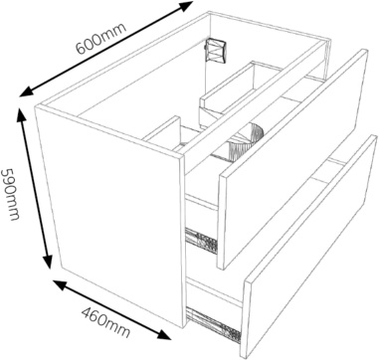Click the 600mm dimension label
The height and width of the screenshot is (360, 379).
[x=101, y=38]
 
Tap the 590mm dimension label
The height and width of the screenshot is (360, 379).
[x=10, y=194]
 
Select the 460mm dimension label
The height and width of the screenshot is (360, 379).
[x=105, y=322]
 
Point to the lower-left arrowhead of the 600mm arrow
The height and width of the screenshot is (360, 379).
[x=27, y=92]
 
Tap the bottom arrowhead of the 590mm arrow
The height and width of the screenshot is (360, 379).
[x=48, y=261]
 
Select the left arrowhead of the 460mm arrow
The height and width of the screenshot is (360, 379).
[x=61, y=284]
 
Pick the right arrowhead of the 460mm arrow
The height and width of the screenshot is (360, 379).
[x=163, y=334]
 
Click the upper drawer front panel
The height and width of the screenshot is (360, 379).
[x=293, y=159]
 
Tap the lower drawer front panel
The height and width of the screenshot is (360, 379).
[x=310, y=247]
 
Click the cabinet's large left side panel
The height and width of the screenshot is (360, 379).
[x=109, y=217]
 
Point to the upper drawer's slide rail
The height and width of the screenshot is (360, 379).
[x=201, y=241]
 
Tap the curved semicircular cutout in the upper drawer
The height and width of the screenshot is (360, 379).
[x=246, y=141]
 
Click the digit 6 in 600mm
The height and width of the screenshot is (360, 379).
[x=81, y=48]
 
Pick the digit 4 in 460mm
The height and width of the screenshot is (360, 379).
[x=87, y=313]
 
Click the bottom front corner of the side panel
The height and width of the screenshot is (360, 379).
[x=183, y=328]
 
